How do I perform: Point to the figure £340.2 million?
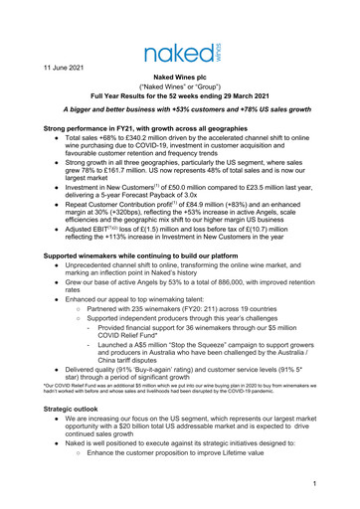tap(154, 141)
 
